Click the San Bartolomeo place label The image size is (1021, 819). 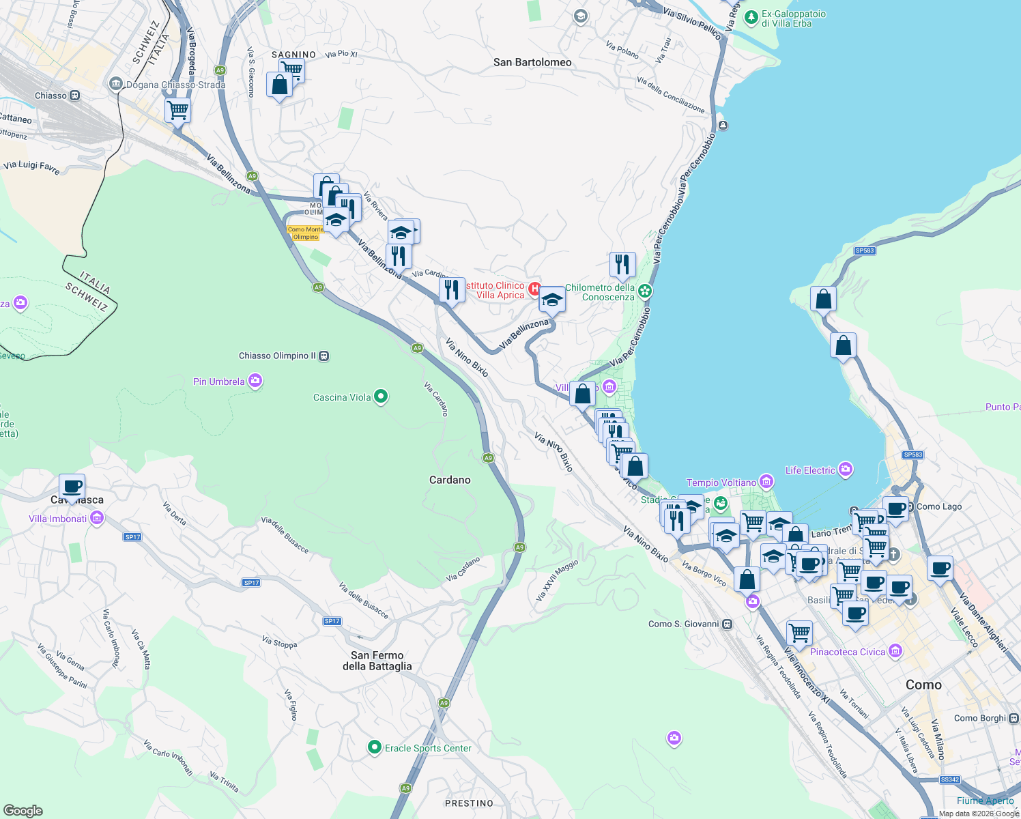coord(532,62)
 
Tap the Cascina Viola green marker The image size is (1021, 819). coord(381,397)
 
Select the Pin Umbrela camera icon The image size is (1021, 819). coord(255,381)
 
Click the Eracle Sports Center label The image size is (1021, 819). coord(428,748)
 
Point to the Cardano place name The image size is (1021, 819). coord(450,480)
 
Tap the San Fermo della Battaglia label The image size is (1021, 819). coord(377,661)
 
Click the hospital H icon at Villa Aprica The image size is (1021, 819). coord(535,289)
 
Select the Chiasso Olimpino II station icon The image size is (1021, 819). coord(324,356)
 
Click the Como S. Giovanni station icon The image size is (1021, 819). coord(728,624)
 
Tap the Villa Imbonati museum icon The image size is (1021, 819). coord(96,519)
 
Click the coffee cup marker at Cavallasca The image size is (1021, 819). coord(72,487)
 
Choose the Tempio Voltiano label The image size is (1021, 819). coord(721,483)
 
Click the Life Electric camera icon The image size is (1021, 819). coord(846,470)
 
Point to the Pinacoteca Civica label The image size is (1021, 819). coord(847,652)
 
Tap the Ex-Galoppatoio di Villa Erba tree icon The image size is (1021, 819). coord(751,17)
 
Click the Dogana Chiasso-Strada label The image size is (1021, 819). coord(175,85)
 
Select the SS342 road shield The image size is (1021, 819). coord(949,779)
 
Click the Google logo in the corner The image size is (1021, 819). coord(23,810)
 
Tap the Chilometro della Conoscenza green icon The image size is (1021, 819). coord(645,291)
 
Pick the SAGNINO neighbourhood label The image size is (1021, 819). coord(293,55)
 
